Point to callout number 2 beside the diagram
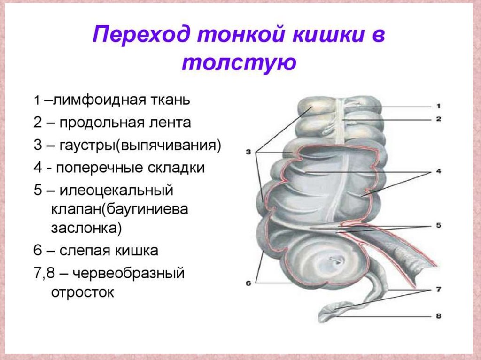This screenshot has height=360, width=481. click(x=437, y=119)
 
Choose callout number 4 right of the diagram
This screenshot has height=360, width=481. click(x=438, y=172)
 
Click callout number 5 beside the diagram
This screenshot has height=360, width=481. click(x=438, y=225)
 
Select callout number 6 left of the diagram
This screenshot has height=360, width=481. click(x=248, y=283)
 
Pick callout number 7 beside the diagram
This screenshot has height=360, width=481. click(x=438, y=290)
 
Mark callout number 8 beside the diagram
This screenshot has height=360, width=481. click(x=438, y=316)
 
